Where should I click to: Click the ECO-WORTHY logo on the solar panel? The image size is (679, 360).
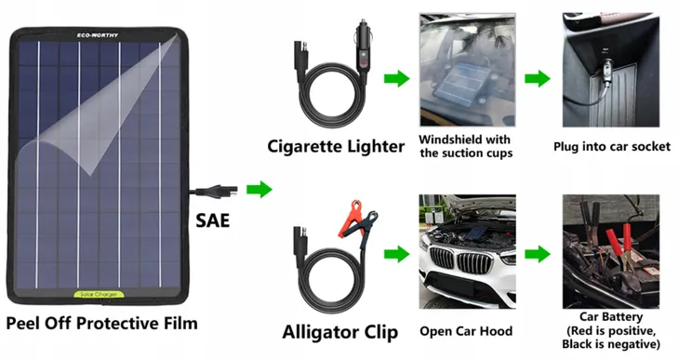pos(98,35)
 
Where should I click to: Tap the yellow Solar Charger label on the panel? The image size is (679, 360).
pos(99,295)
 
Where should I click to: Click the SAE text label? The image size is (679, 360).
pos(212,220)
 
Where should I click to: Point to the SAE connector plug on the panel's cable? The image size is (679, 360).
pos(222,191)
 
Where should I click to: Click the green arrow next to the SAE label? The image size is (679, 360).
pos(260,190)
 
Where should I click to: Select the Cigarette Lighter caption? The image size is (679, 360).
pos(336,146)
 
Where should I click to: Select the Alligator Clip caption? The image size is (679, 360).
pos(339,333)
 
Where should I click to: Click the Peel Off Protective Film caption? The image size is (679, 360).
pos(101,324)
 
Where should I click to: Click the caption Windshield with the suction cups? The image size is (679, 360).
pos(465,146)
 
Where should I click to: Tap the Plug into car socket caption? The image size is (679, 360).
pos(611,147)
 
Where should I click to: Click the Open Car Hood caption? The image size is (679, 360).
pos(466,331)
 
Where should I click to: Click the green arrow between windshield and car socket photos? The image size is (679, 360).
pos(538,79)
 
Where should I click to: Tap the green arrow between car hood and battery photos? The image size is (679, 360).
pos(538,254)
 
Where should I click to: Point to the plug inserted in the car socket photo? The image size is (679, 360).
pos(605,72)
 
